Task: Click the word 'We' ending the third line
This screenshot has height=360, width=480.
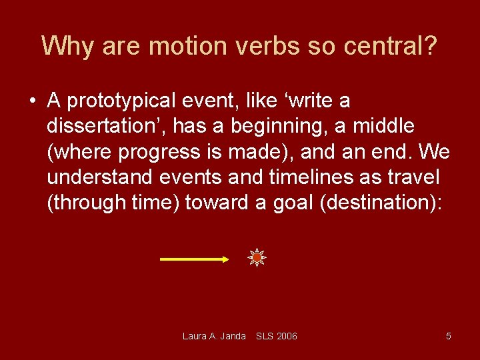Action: coord(435,151)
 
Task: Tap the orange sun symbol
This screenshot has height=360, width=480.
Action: coord(257,257)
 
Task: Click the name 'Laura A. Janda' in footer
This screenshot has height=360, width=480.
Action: coord(214,336)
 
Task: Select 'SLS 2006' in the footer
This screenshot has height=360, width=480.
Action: coord(277,336)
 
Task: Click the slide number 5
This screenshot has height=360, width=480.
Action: coord(448,336)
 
